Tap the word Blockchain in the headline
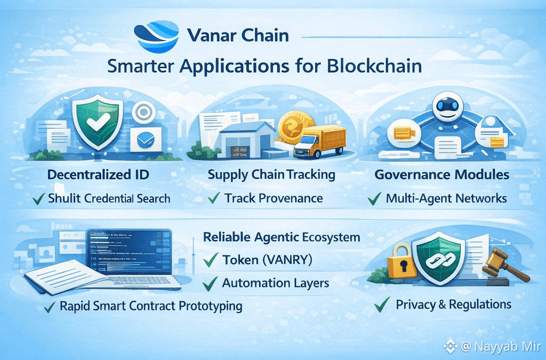374,66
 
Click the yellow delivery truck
319,142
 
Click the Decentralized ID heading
98,174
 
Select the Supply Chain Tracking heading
271,175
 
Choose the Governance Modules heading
442,174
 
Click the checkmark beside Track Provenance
214,198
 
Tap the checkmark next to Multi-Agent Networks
374,199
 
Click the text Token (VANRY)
267,260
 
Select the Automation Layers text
276,283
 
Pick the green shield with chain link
440,258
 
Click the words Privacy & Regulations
453,305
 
